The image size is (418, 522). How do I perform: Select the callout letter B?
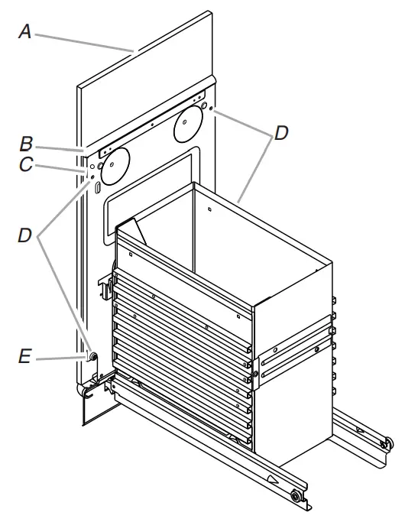26,142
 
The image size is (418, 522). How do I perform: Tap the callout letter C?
27,164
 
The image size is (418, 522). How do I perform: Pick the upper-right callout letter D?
281,133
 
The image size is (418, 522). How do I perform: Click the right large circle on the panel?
190,126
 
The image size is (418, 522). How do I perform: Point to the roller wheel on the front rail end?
293,498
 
